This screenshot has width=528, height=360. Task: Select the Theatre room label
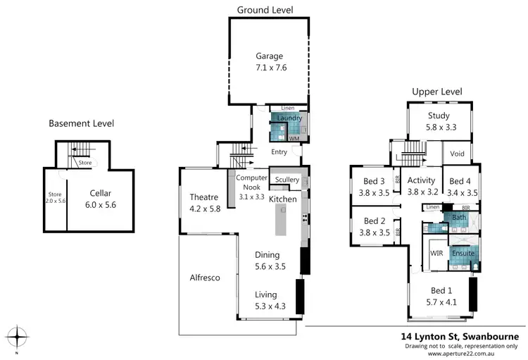(204, 197)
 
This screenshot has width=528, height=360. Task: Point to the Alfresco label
(204, 278)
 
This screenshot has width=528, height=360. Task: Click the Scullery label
(287, 180)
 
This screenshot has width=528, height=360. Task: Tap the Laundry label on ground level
(289, 118)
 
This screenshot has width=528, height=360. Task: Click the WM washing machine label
(294, 139)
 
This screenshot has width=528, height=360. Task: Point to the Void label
(457, 153)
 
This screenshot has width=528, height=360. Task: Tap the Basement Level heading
(81, 123)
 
